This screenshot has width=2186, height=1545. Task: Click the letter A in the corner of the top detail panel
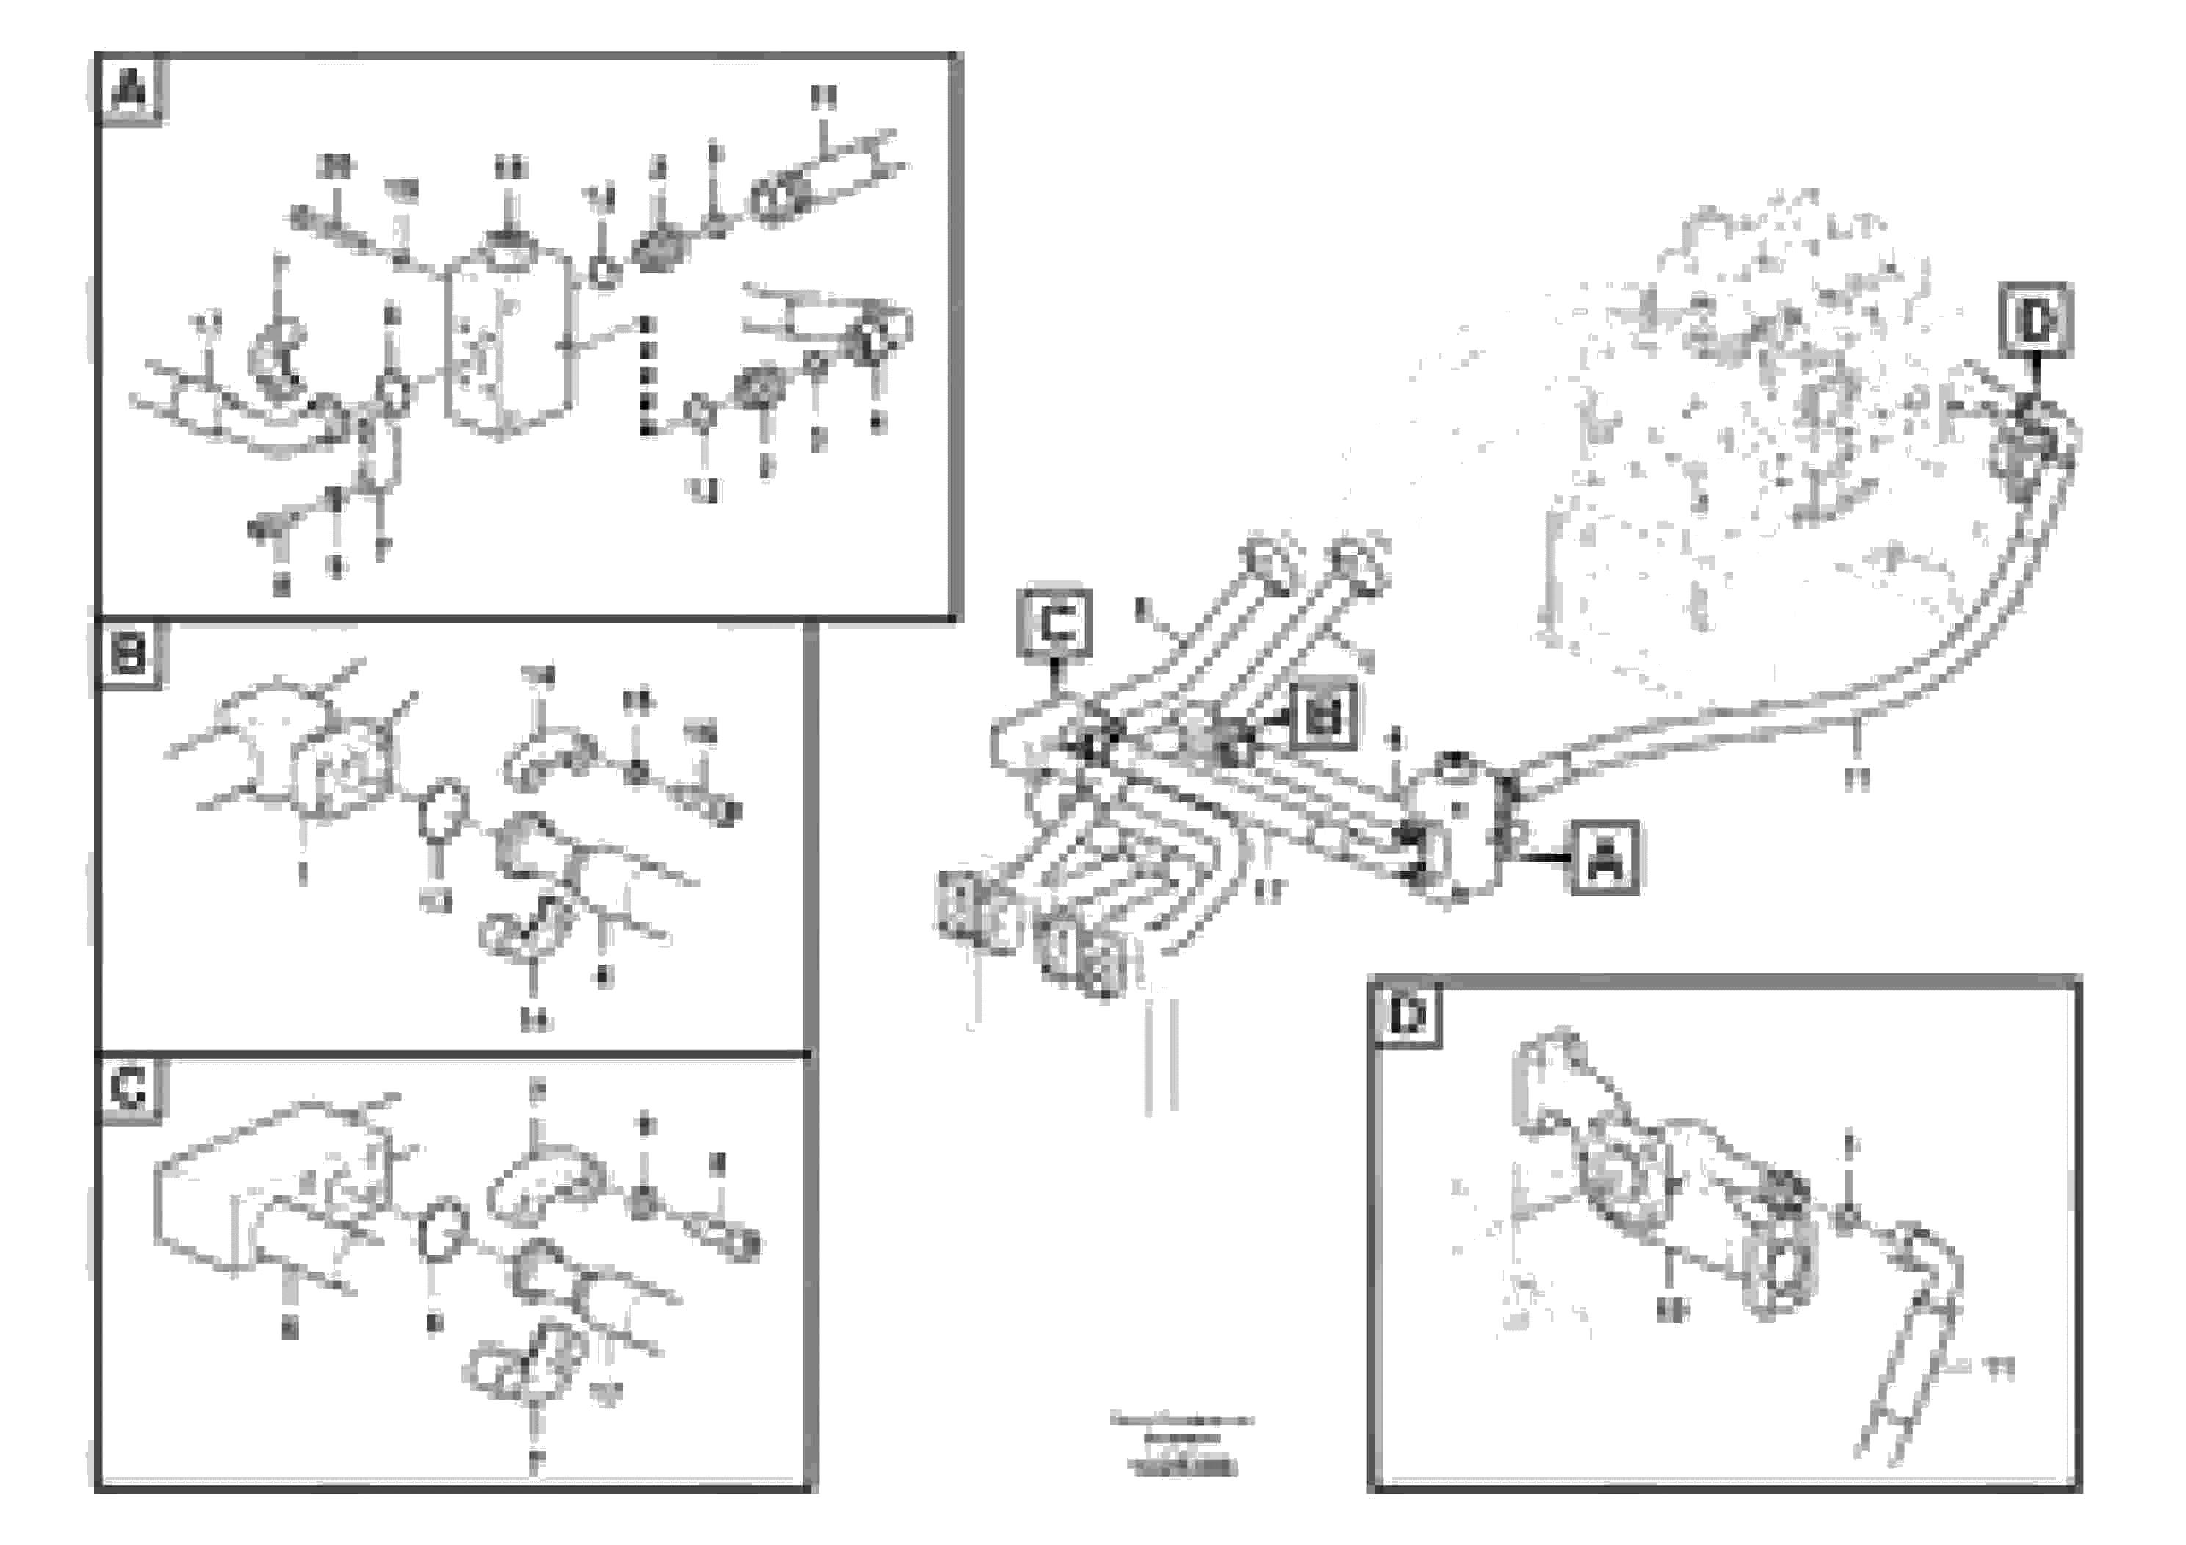pyautogui.click(x=131, y=91)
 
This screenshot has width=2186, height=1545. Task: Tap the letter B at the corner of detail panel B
pyautogui.click(x=129, y=655)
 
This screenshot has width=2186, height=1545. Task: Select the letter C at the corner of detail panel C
pyautogui.click(x=129, y=1089)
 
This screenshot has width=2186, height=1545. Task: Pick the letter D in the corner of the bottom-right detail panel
pyautogui.click(x=1406, y=1015)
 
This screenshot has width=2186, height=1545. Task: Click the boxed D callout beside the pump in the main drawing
pyautogui.click(x=2035, y=321)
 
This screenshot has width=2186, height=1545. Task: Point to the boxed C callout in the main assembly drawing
pyautogui.click(x=1054, y=624)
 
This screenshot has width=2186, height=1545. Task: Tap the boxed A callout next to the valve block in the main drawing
pyautogui.click(x=1604, y=857)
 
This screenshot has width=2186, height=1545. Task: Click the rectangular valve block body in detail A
pyautogui.click(x=510, y=343)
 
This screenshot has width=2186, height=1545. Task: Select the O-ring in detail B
pyautogui.click(x=443, y=810)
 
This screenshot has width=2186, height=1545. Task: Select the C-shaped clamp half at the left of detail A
pyautogui.click(x=276, y=357)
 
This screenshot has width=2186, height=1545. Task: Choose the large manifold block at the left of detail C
pyautogui.click(x=257, y=1191)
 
